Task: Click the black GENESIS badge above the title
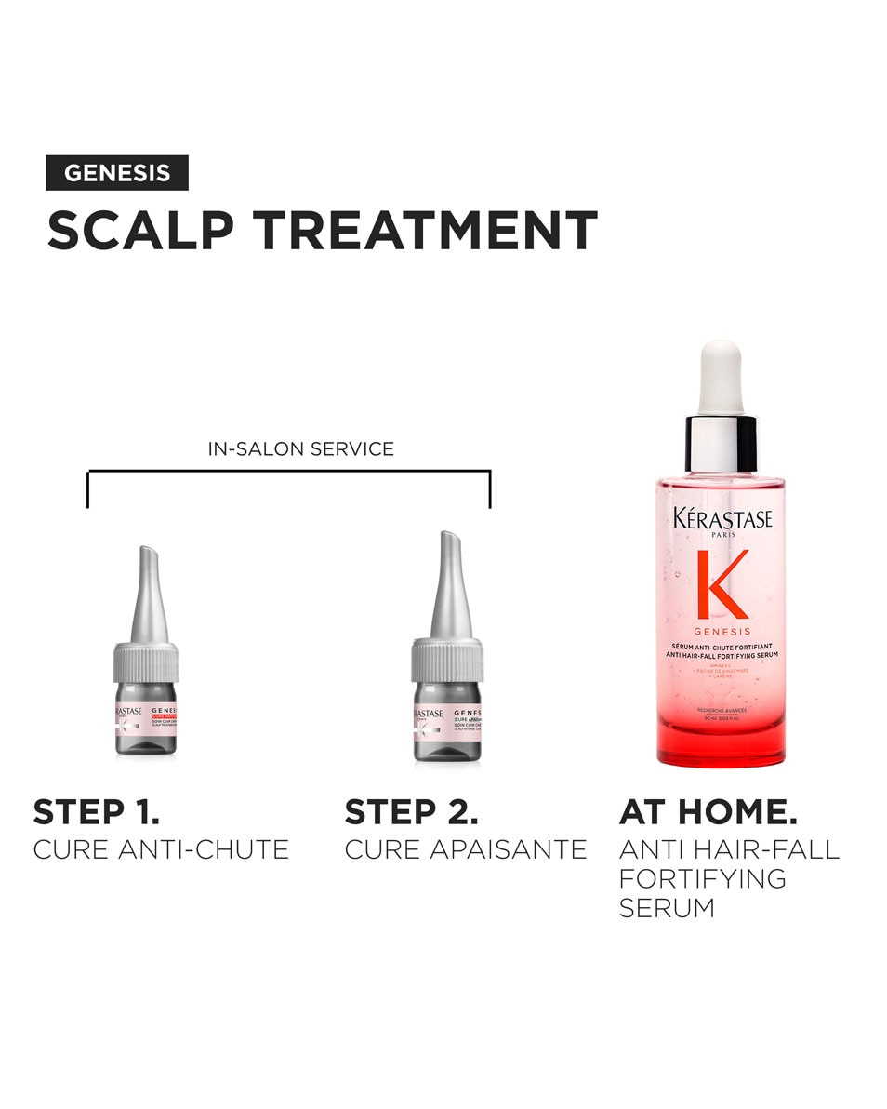(117, 173)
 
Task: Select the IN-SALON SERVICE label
(301, 449)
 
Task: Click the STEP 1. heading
(97, 811)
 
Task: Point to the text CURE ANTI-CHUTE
(161, 849)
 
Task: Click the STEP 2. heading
(412, 811)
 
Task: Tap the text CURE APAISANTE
(466, 849)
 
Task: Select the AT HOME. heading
(708, 811)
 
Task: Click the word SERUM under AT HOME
(667, 908)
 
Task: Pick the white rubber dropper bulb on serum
(722, 377)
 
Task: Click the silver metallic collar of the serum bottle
(722, 444)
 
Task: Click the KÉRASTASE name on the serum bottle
(722, 519)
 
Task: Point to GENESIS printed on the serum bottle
(722, 631)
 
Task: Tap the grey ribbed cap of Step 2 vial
(447, 661)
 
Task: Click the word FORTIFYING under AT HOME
(703, 878)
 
